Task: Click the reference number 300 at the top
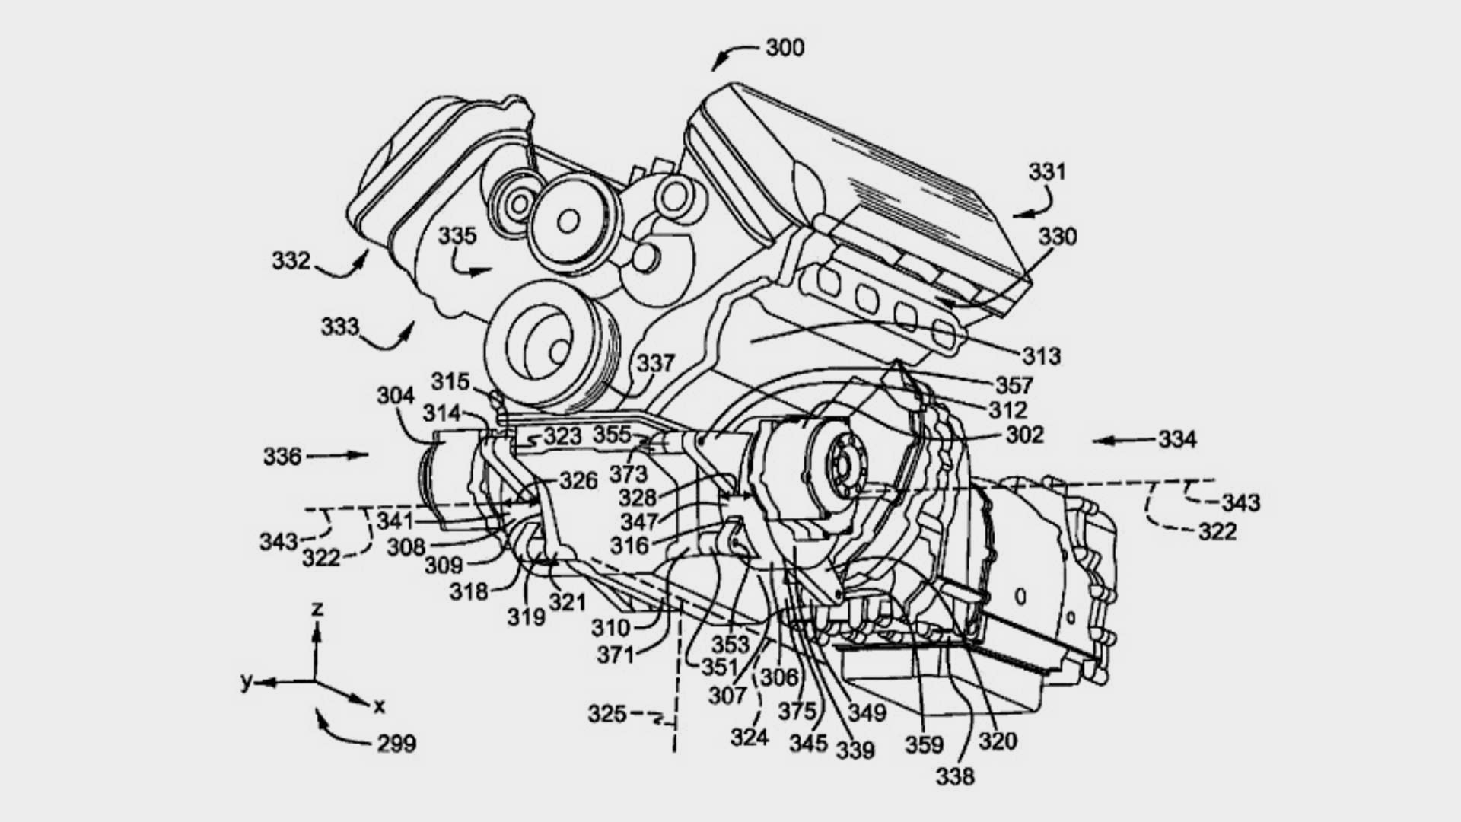785,48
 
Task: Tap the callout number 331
1047,172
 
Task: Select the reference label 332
291,261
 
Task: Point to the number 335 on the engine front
457,236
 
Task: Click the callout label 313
1041,355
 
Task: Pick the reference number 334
1178,439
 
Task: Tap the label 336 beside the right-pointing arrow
283,456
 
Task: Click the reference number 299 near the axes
396,743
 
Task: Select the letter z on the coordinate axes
318,607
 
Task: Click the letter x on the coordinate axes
379,706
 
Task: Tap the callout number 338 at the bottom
955,776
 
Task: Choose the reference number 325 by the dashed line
607,714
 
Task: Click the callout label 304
396,396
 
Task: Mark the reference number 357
1014,385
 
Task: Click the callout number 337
656,363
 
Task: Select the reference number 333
339,327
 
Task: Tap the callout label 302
1025,435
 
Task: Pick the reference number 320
998,741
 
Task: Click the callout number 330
1058,237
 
